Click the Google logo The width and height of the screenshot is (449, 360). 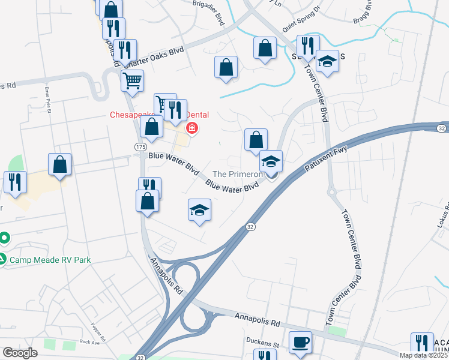20,353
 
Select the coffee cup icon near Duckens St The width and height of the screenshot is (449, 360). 300,343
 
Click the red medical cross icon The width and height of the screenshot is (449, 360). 192,128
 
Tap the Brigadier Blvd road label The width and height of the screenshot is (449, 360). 207,13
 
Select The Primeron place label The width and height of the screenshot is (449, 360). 238,174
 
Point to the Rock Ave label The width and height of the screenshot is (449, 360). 88,342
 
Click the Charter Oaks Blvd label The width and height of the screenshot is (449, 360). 156,55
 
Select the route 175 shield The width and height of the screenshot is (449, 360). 140,146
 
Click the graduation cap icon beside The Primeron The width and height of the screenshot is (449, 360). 271,162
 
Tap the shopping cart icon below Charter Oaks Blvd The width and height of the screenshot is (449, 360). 132,80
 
